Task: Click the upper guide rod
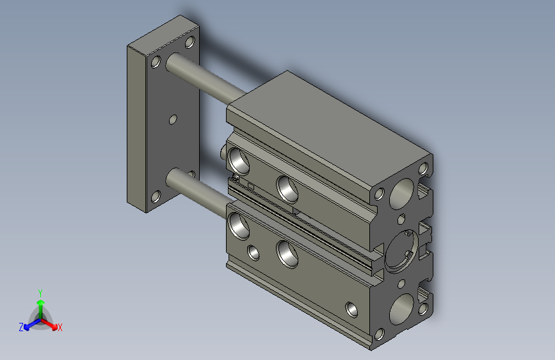(x=205, y=80)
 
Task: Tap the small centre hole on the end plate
(x=172, y=119)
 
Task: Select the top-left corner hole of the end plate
(x=156, y=62)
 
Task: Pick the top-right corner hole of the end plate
(x=189, y=43)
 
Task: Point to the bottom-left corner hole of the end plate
(x=156, y=196)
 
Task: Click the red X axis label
(x=60, y=327)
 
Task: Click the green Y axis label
(x=40, y=291)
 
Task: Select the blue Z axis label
(x=21, y=327)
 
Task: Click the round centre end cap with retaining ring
(x=404, y=250)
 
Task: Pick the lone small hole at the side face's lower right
(x=351, y=309)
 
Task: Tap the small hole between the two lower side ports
(x=254, y=252)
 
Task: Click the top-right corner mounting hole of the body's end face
(x=422, y=169)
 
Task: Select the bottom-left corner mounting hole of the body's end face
(x=379, y=334)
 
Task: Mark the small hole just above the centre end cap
(x=401, y=219)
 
